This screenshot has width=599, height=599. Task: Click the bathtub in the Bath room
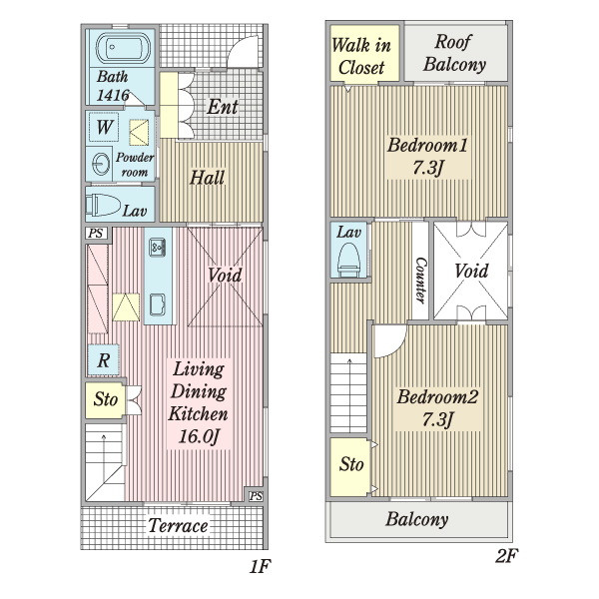tap(123, 48)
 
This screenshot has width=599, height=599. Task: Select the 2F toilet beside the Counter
tap(348, 260)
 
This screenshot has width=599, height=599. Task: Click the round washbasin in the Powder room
tap(100, 164)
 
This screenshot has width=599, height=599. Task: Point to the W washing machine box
tap(104, 127)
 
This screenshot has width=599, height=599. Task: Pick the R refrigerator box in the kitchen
tap(103, 359)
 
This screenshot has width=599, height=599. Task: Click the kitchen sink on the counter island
tap(157, 247)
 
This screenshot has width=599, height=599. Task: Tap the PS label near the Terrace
tap(256, 495)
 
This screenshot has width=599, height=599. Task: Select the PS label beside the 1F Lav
tap(96, 233)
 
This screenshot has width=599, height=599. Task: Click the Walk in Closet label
tap(361, 56)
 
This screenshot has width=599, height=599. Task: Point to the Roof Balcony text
tap(454, 53)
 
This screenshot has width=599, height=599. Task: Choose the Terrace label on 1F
tap(178, 526)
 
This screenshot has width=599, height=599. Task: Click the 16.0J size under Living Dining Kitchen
tap(199, 436)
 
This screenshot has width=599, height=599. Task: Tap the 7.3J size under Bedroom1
tap(428, 167)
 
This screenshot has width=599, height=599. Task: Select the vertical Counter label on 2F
tap(420, 281)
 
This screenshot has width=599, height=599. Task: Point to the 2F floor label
tap(506, 555)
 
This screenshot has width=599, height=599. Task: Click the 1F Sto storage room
tap(105, 399)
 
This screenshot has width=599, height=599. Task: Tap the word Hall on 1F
tap(207, 178)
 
